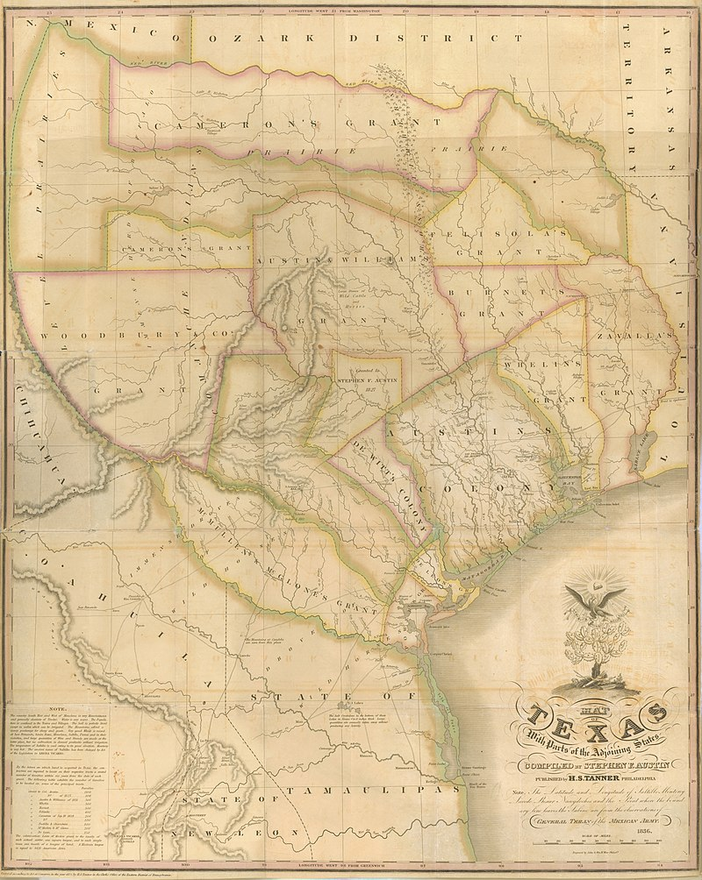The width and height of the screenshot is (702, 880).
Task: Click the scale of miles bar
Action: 605,849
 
